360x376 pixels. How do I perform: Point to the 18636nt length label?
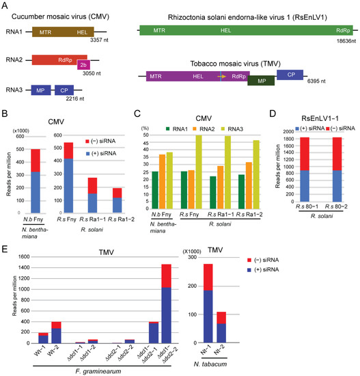(340, 42)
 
